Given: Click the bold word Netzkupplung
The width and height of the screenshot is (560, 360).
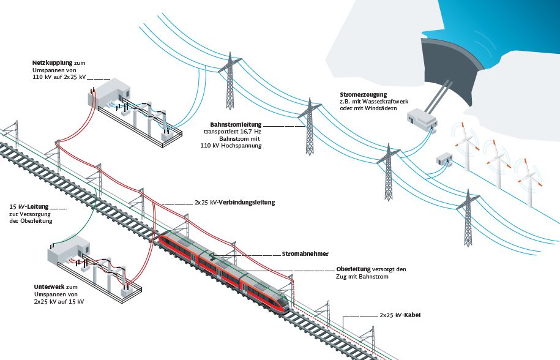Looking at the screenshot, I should click(52, 63).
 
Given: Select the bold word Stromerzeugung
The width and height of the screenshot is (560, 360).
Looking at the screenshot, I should click(364, 94).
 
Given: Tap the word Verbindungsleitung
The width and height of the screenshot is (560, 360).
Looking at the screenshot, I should click(247, 202).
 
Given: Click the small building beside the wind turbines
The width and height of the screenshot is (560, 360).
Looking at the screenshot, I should click(443, 160).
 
